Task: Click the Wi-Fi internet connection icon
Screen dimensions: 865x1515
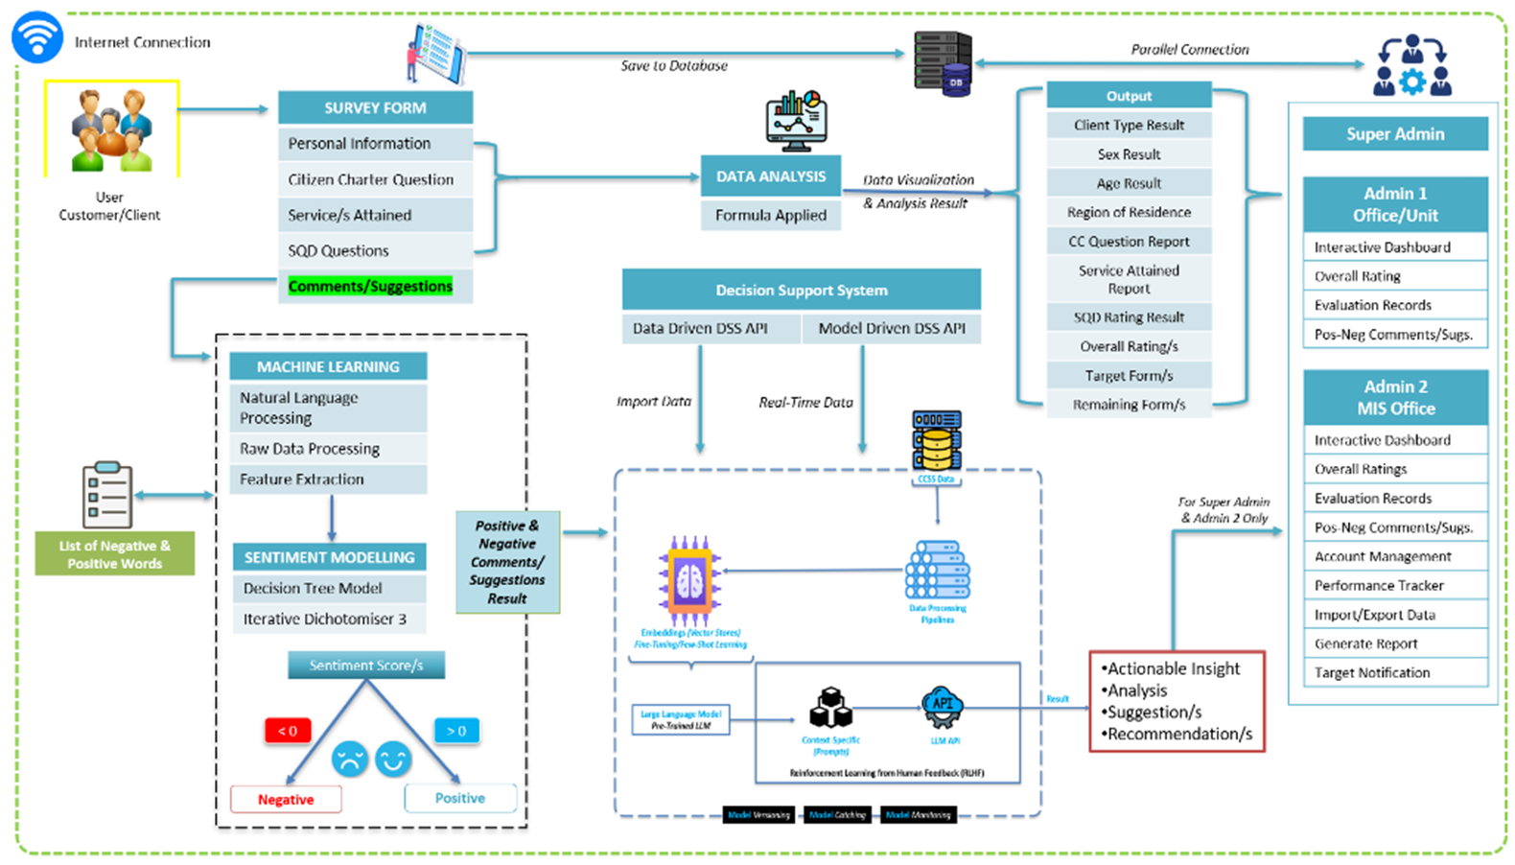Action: [x=37, y=36]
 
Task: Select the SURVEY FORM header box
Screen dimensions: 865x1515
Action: [x=375, y=107]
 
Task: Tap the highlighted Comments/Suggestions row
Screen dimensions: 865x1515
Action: [x=370, y=286]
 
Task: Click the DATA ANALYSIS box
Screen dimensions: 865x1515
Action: [x=771, y=176]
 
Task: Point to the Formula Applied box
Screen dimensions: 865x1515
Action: [x=771, y=215]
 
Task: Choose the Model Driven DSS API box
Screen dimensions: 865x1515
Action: [x=892, y=328]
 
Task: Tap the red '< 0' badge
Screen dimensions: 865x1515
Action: [x=288, y=731]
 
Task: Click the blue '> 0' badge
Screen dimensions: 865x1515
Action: [x=456, y=731]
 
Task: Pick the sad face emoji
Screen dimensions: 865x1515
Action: [x=350, y=759]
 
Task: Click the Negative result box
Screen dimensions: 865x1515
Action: [x=286, y=799]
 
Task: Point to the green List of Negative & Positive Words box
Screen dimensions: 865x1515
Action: [x=115, y=554]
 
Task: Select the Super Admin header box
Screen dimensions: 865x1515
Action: [x=1395, y=134]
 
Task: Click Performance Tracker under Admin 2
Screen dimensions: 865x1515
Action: [x=1379, y=585]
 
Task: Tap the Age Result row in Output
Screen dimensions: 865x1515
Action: [x=1129, y=183]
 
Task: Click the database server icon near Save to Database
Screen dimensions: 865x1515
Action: [x=943, y=63]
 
